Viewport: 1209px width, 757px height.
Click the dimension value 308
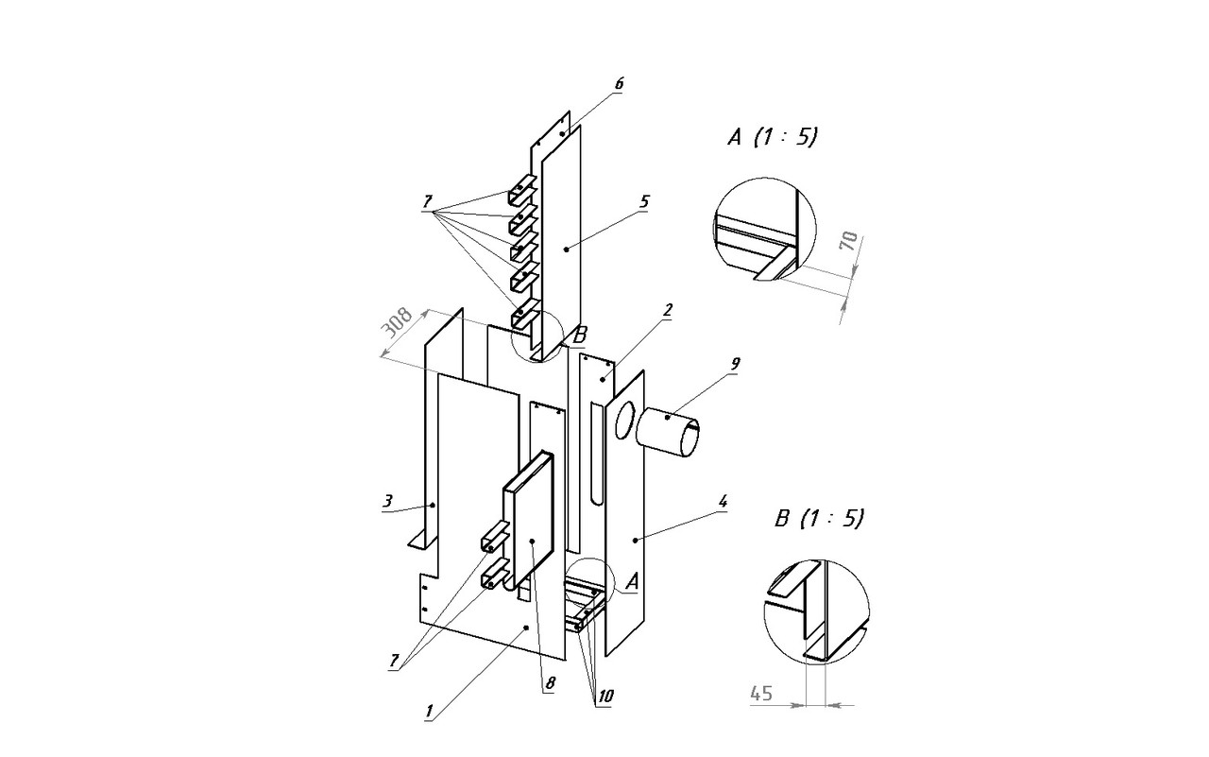[x=398, y=322]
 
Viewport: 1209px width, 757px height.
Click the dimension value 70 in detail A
[x=848, y=240]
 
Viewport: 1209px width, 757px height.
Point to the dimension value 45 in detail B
[x=761, y=694]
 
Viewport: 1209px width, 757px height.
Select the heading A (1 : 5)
[x=773, y=137]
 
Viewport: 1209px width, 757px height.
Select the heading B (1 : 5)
[x=819, y=519]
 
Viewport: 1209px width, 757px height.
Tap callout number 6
[x=619, y=84]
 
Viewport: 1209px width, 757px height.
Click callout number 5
[x=644, y=201]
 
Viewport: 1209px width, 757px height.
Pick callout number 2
[x=668, y=310]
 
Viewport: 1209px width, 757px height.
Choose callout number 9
[x=734, y=364]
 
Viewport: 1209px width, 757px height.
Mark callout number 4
[x=723, y=501]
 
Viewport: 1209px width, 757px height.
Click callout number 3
[x=387, y=501]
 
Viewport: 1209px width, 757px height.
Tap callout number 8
[x=550, y=683]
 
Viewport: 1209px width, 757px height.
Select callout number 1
[x=430, y=711]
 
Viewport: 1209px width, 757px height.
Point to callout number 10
[x=605, y=697]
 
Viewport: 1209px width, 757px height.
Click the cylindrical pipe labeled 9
[x=668, y=433]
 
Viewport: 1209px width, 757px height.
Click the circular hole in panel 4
[x=625, y=420]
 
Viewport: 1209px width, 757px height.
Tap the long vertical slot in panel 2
[x=596, y=456]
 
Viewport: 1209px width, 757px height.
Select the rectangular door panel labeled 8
[x=528, y=522]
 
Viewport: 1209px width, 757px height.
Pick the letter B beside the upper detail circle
[x=579, y=335]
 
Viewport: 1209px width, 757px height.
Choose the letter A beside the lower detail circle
[x=632, y=581]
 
